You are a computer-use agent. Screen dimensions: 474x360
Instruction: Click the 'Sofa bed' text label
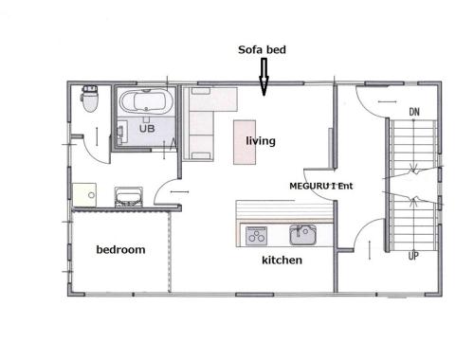[262, 49]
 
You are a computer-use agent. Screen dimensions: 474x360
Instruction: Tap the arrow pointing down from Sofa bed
[264, 77]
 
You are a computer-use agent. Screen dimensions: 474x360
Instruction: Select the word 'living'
[261, 140]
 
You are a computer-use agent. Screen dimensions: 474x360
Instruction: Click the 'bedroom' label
[120, 249]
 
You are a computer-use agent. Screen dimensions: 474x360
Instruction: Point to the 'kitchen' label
[282, 260]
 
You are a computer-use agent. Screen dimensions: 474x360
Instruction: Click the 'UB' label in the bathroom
[147, 128]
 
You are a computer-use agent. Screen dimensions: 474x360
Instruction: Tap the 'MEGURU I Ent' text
[321, 186]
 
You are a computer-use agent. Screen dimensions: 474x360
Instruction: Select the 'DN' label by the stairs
[414, 112]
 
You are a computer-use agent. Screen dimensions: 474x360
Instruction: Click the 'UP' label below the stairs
[413, 256]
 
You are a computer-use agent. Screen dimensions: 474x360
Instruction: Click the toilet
[90, 99]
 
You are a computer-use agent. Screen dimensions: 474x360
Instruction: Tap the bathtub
[146, 102]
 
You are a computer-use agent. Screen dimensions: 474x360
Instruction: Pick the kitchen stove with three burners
[256, 236]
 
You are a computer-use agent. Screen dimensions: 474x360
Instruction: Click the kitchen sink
[302, 235]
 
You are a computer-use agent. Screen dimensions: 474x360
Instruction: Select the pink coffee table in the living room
[245, 142]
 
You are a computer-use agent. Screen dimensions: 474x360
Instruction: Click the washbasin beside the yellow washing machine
[129, 197]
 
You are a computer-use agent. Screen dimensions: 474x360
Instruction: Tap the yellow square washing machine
[84, 195]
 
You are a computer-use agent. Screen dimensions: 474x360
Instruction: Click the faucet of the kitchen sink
[299, 230]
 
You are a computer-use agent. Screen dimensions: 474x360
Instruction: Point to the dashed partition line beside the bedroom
[170, 252]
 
